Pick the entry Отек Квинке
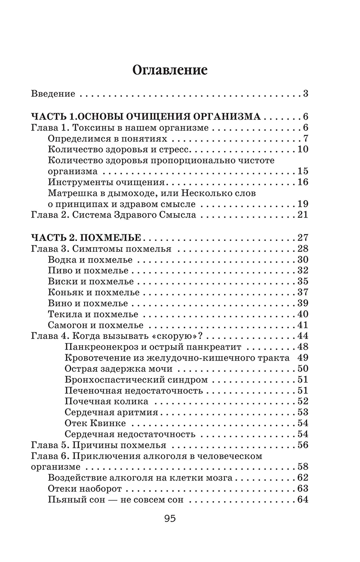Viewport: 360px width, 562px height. click(95, 423)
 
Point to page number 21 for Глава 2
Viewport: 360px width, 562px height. click(302, 214)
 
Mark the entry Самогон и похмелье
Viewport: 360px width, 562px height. click(95, 325)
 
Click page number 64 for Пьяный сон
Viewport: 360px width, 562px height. click(302, 500)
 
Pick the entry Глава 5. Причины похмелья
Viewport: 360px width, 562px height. click(99, 445)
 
